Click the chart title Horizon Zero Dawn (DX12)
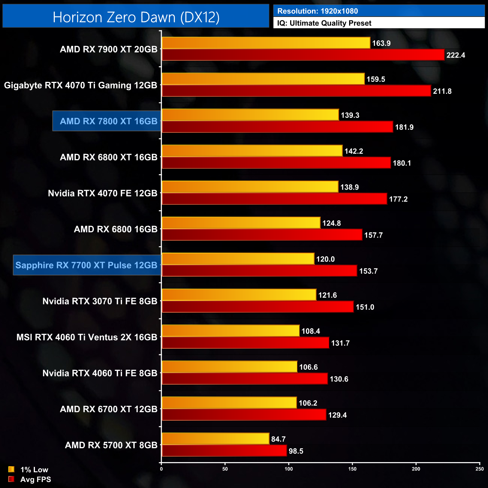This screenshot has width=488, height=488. (136, 17)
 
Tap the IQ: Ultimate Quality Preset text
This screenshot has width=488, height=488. (324, 23)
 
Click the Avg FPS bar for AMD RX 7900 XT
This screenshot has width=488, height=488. (303, 55)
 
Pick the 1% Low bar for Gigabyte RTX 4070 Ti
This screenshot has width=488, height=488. (263, 79)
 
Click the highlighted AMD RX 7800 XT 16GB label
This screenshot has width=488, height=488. (108, 121)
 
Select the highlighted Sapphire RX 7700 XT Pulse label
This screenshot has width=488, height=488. (86, 265)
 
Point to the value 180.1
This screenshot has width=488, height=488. (402, 163)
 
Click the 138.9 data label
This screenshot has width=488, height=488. (349, 187)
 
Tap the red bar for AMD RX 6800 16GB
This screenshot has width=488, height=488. (262, 235)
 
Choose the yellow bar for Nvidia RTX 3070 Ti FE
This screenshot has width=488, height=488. (239, 295)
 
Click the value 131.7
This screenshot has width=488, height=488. (340, 343)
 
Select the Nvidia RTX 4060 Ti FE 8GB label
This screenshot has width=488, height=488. (99, 373)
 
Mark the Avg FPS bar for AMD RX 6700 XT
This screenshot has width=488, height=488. (244, 415)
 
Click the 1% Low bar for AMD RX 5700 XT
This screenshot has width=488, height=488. (215, 439)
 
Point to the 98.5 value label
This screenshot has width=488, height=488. (296, 451)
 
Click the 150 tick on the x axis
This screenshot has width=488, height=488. (352, 469)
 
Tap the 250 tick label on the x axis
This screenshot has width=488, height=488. (479, 469)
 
